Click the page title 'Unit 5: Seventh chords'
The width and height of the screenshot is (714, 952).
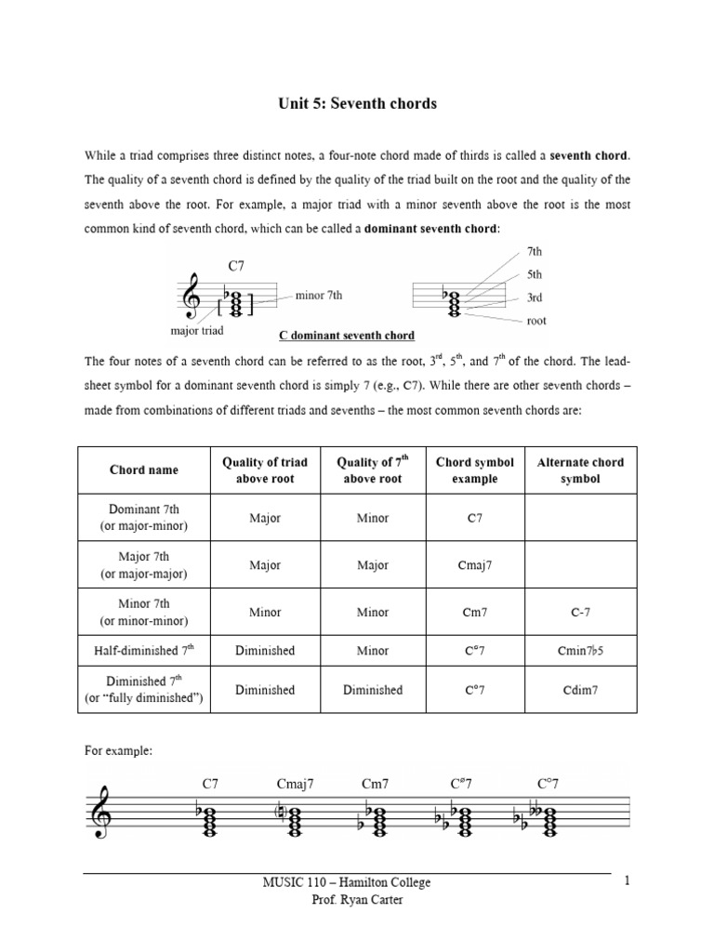(x=357, y=103)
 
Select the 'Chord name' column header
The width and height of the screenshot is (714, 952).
(x=139, y=469)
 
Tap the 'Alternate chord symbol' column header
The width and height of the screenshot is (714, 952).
(x=581, y=469)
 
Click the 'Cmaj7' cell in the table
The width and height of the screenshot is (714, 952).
(x=474, y=563)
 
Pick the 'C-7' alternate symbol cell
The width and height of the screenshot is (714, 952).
(x=581, y=612)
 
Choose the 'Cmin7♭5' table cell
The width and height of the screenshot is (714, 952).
(x=581, y=651)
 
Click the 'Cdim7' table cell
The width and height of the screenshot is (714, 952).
(x=581, y=690)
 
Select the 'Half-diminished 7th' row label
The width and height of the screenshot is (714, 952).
(x=139, y=651)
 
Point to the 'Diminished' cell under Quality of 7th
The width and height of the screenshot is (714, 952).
(x=372, y=690)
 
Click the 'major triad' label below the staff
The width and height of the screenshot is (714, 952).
(x=198, y=329)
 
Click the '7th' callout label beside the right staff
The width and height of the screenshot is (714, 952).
(x=534, y=253)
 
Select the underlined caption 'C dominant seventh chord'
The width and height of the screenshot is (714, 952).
(x=347, y=335)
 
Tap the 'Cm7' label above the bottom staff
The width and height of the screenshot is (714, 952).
(x=375, y=784)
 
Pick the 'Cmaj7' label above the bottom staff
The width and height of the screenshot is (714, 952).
(x=295, y=784)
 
